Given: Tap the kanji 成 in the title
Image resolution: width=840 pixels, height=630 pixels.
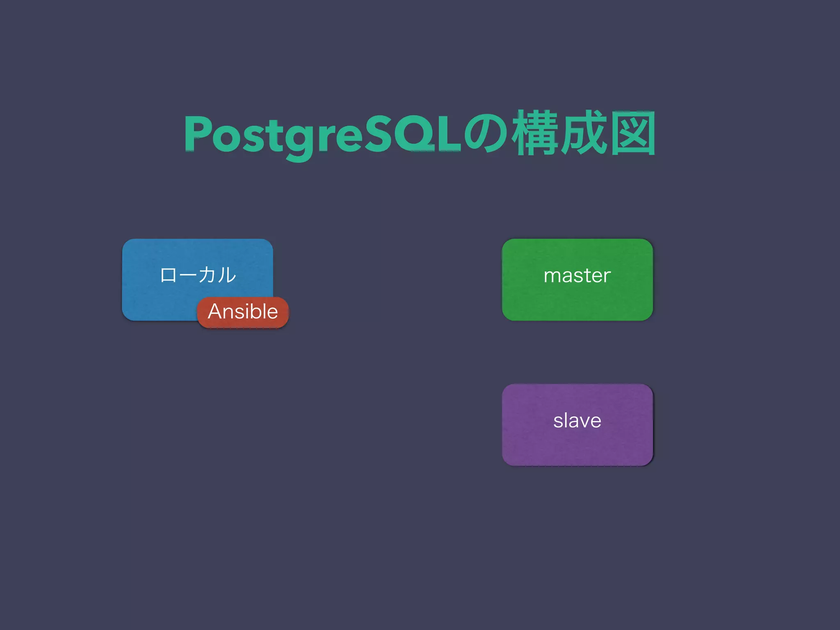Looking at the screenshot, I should click(x=584, y=133).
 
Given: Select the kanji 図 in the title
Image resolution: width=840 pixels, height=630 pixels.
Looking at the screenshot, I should click(x=632, y=133).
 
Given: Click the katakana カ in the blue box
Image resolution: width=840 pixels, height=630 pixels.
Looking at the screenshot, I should click(x=208, y=275).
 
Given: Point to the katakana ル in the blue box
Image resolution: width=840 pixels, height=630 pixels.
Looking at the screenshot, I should click(x=227, y=275).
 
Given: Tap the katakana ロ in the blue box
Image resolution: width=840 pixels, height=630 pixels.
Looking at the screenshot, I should click(x=168, y=275).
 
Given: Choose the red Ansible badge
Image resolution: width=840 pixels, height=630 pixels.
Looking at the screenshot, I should click(x=243, y=312).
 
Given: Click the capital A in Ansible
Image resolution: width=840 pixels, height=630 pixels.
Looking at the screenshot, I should click(x=216, y=311).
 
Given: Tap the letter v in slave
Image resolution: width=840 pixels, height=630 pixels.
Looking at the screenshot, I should click(x=582, y=421).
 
